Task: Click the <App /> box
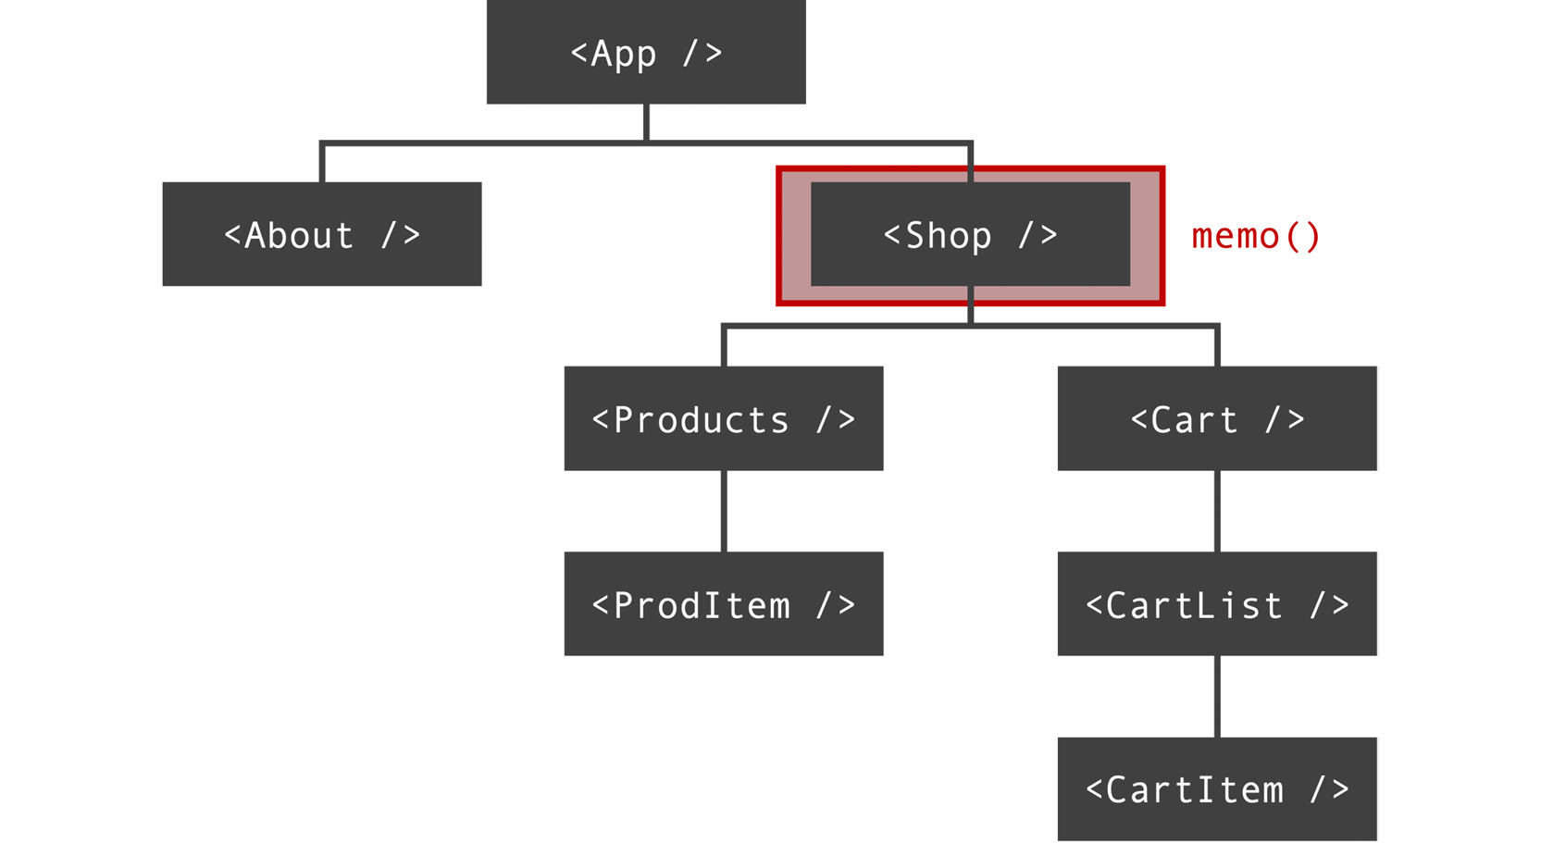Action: click(x=645, y=52)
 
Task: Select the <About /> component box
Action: click(x=321, y=234)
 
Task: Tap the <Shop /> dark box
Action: click(x=970, y=234)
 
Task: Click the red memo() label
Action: click(x=1256, y=236)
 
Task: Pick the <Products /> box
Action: click(x=723, y=418)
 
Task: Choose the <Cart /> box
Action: click(x=1216, y=418)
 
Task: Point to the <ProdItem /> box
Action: click(x=723, y=603)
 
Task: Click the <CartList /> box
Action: click(x=1216, y=603)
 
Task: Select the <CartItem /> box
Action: click(x=1216, y=788)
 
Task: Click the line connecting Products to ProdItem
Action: click(x=723, y=511)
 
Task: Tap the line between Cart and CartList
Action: click(x=1216, y=511)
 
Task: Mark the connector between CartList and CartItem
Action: click(x=1216, y=696)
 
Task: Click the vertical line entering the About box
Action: click(x=321, y=164)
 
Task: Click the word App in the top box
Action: click(x=623, y=54)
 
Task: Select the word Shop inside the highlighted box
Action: click(x=948, y=236)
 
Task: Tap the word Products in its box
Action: click(x=701, y=420)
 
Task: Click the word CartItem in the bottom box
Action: click(x=1194, y=790)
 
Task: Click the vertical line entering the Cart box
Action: click(x=1216, y=346)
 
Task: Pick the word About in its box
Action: click(x=299, y=236)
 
